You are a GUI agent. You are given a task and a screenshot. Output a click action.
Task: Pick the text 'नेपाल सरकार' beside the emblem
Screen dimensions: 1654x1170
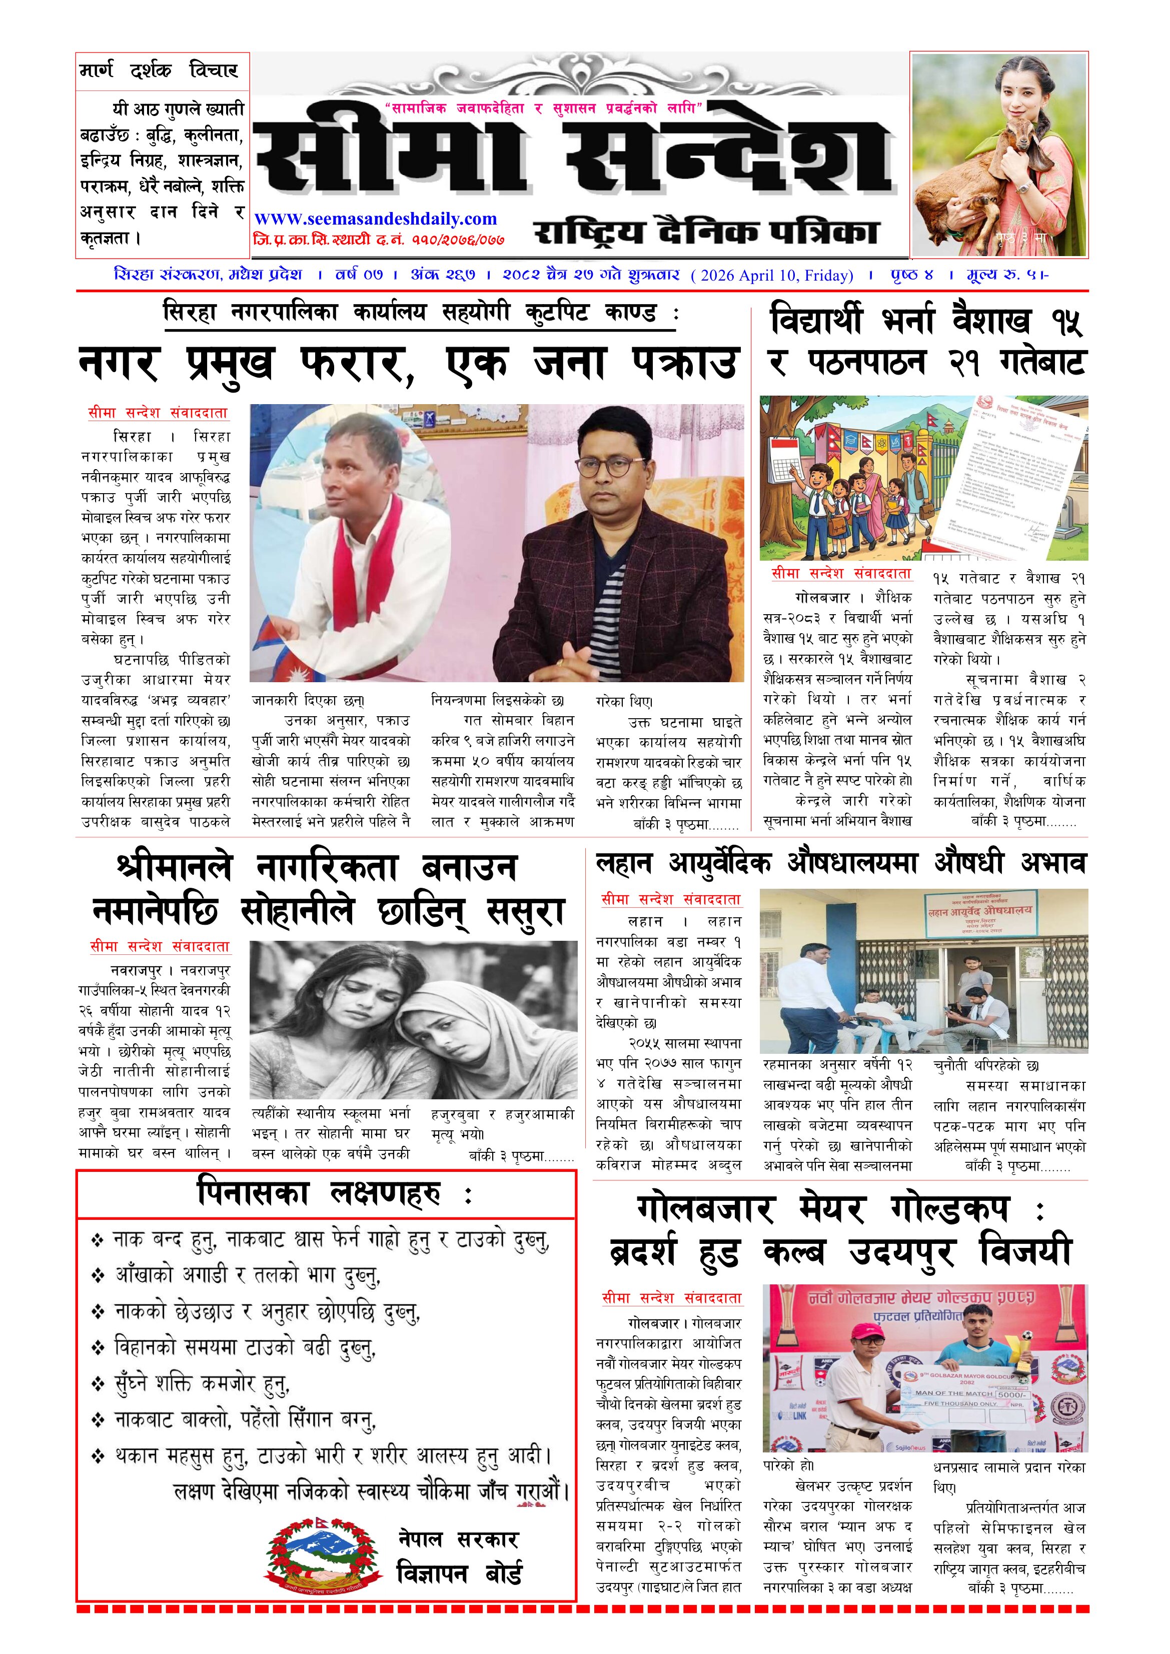[458, 1540]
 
